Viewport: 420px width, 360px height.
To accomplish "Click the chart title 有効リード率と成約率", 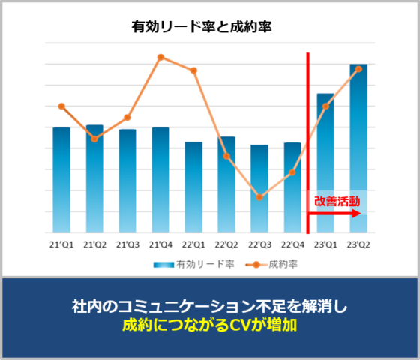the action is tap(202, 27).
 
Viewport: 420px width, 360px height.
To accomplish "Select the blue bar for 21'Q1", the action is tap(61, 180).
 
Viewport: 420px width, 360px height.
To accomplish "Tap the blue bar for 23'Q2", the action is tap(358, 148).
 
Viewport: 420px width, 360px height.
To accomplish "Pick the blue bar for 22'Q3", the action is tap(259, 188).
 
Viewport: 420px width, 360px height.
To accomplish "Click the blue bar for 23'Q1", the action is tap(325, 163).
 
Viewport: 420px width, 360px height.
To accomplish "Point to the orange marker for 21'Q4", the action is tap(160, 57).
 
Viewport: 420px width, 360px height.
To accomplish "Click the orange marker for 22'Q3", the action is tap(259, 198).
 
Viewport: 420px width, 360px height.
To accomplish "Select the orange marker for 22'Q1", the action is tap(193, 70).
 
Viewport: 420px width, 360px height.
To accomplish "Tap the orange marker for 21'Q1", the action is tap(61, 106).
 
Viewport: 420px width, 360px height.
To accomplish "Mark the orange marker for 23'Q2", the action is tap(358, 69).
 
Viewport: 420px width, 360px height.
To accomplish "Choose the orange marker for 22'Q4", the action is tap(292, 172).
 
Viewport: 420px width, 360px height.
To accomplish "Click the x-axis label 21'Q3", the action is tap(127, 244).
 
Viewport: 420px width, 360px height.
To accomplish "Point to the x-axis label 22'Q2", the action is tap(226, 244).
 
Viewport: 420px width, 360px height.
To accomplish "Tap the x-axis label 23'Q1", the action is tap(325, 244).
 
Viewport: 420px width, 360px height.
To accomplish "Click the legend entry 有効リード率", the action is tap(194, 265).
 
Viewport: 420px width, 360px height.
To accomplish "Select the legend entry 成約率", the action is tap(271, 265).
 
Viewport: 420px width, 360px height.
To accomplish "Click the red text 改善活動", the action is tap(337, 202).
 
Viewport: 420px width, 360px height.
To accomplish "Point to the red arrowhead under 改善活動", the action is tap(357, 214).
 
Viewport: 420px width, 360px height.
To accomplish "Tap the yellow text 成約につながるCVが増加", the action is tap(210, 325).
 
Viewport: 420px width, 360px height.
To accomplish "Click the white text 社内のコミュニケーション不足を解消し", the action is tap(210, 306).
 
